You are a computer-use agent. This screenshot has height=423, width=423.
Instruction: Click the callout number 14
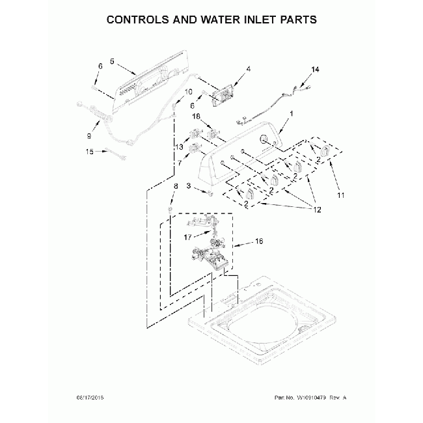point(315,69)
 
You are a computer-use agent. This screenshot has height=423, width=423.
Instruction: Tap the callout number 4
point(248,68)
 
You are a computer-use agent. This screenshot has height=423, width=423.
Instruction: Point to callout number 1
point(291,113)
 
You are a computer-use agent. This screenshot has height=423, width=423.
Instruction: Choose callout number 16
point(258,241)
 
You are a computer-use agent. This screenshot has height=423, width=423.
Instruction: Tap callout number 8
point(174,187)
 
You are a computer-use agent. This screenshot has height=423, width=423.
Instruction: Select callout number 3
point(188,186)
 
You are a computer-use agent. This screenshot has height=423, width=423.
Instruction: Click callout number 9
point(89,135)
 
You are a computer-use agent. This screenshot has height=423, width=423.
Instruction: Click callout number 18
point(195,116)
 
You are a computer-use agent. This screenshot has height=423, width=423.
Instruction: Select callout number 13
point(179,148)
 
